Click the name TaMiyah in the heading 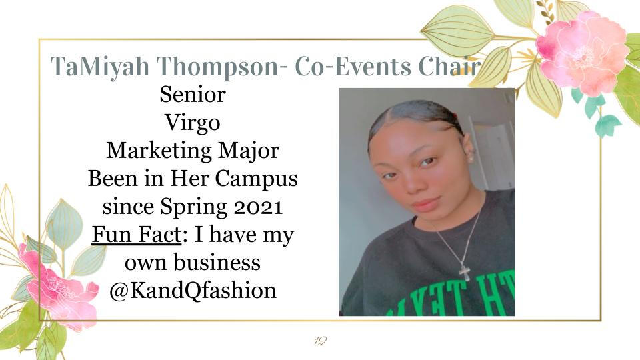(100, 67)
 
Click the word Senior (193, 94)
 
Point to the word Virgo (193, 123)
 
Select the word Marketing (159, 151)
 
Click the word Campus (256, 179)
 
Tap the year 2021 (258, 207)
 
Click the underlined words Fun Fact (136, 234)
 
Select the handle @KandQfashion (193, 291)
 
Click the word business (217, 262)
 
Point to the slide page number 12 (320, 341)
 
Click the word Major (249, 151)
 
